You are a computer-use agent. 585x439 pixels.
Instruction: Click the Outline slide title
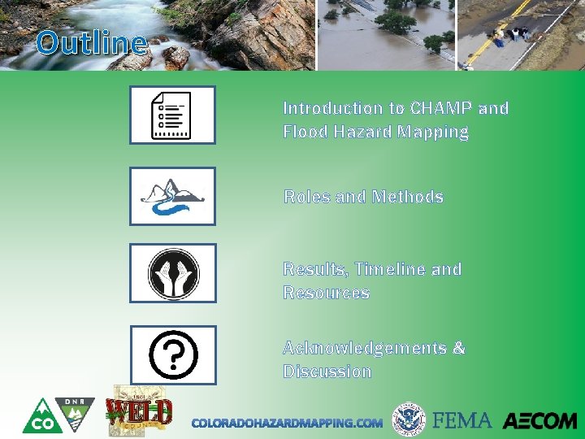tap(92, 43)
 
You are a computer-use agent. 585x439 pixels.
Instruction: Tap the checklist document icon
tap(172, 115)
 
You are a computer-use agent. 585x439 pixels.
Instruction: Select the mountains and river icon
tap(172, 196)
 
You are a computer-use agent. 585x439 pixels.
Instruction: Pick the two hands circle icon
tap(173, 273)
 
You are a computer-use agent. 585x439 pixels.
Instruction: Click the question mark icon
tap(173, 355)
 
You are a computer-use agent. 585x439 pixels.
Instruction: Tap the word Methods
tap(407, 197)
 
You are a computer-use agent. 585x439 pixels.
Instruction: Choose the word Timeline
tap(388, 269)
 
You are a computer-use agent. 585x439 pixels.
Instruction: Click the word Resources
tap(327, 293)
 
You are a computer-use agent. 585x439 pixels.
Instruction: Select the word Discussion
tap(327, 372)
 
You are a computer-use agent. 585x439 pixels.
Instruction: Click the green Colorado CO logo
tap(38, 415)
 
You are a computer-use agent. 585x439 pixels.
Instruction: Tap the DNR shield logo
tap(76, 414)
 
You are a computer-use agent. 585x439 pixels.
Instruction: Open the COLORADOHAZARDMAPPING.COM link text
tap(287, 423)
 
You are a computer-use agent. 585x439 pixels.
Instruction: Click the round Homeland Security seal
tap(409, 419)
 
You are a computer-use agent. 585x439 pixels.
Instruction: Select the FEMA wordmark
tap(462, 420)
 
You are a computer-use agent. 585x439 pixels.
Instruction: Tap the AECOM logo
tap(539, 421)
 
